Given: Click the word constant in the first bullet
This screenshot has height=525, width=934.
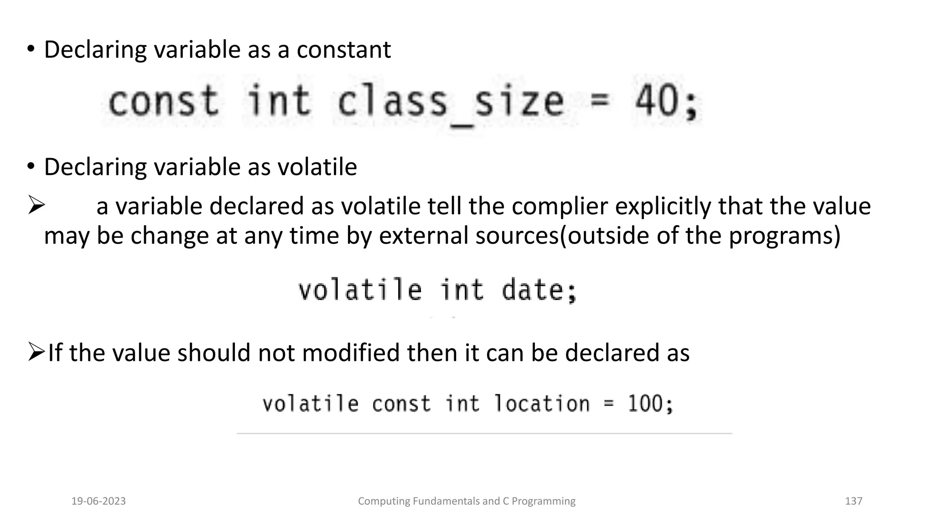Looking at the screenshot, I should coord(343,50).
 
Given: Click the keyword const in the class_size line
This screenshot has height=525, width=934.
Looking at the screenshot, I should coord(163,101).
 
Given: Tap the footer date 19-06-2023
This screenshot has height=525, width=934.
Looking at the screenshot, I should coord(99,501).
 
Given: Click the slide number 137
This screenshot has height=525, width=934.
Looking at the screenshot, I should coord(853,501).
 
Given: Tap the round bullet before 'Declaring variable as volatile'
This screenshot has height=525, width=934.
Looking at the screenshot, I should coord(31,166).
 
